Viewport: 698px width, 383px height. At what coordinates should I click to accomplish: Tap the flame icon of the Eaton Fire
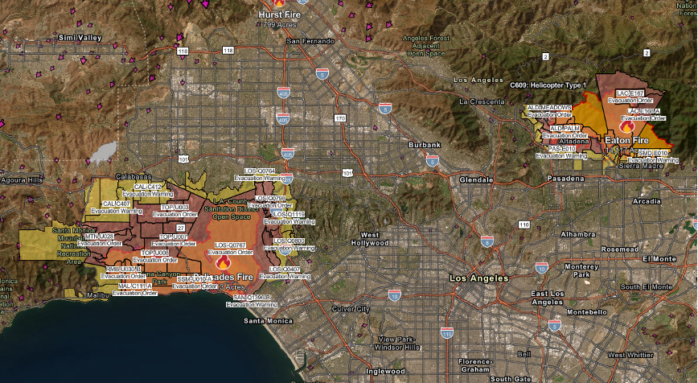pyautogui.click(x=627, y=126)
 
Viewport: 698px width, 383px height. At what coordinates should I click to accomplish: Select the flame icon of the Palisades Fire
pyautogui.click(x=223, y=262)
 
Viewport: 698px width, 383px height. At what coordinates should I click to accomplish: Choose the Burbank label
pyautogui.click(x=425, y=145)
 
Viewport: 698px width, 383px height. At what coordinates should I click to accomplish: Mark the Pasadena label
pyautogui.click(x=563, y=178)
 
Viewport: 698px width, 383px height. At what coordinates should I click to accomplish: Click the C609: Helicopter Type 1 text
pyautogui.click(x=548, y=84)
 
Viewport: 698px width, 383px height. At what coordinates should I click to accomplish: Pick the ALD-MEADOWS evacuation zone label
pyautogui.click(x=549, y=107)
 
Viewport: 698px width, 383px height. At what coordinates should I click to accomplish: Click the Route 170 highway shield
pyautogui.click(x=339, y=118)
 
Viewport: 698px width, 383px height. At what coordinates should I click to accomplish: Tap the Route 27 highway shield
pyautogui.click(x=181, y=229)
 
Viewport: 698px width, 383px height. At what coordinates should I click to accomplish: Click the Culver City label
pyautogui.click(x=352, y=308)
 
